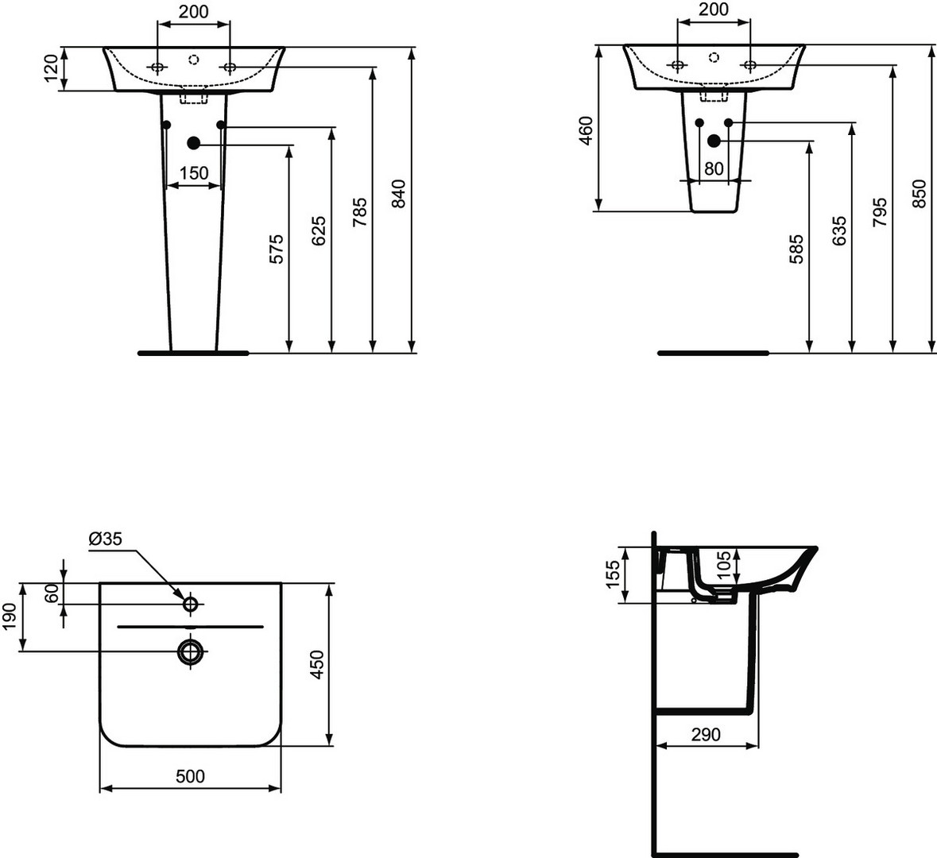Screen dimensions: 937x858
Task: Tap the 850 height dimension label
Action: (x=920, y=194)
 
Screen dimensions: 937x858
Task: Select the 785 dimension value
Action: (x=359, y=212)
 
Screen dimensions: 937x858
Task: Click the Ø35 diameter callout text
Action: (x=105, y=539)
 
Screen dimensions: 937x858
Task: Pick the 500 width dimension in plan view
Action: (x=190, y=776)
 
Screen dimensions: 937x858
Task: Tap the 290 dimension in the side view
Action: (x=706, y=734)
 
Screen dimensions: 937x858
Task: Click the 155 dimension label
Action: (x=614, y=574)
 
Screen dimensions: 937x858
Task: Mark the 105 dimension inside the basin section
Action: (x=724, y=565)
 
